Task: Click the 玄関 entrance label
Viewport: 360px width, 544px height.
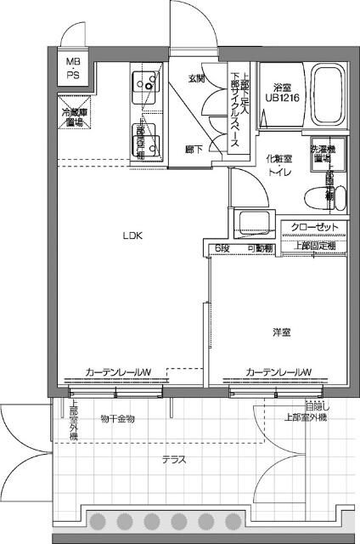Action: pos(196,79)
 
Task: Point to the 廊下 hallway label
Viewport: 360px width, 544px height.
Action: pos(194,149)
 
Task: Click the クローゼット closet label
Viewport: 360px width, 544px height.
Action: pos(314,228)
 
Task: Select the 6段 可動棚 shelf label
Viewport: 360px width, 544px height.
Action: pos(244,248)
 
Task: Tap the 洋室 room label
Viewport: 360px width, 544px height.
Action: pos(282,331)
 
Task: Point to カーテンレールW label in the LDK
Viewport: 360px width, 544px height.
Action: pos(118,371)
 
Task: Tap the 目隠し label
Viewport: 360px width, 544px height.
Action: pos(313,408)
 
